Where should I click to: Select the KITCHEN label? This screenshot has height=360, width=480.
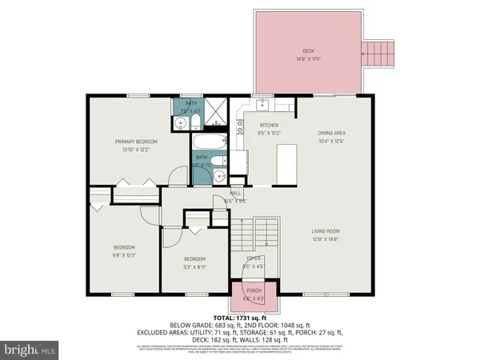tap(267, 126)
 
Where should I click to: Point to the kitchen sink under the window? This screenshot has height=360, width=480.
tap(263, 104)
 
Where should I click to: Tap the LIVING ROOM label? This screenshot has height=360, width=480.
tap(325, 232)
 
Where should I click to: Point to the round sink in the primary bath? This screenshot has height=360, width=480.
tap(182, 123)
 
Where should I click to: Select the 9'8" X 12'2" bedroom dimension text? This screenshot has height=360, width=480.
tap(123, 254)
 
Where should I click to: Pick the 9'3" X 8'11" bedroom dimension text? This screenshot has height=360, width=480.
tap(194, 266)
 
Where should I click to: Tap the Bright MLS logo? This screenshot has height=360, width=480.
tap(29, 350)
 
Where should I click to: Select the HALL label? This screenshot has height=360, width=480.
tap(236, 194)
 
